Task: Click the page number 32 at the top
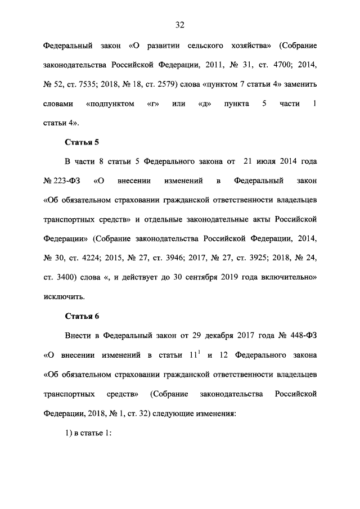pos(180,25)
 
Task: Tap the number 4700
pos(278,65)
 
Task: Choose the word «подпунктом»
pos(110,104)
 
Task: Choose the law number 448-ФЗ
pos(298,336)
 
